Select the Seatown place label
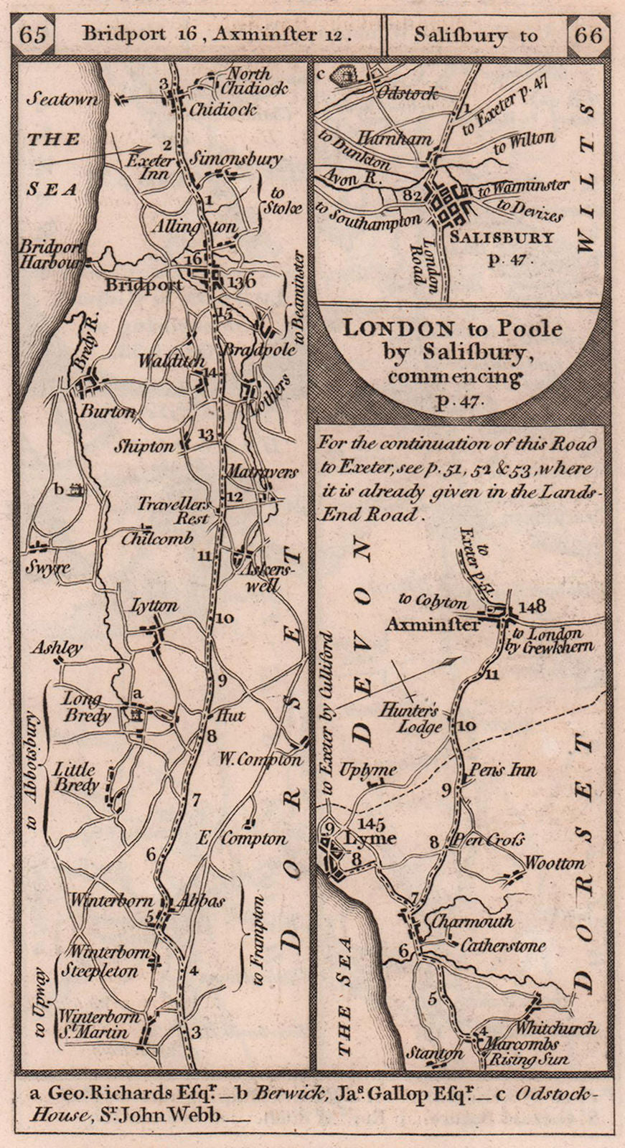click(x=62, y=100)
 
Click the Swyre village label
click(x=49, y=567)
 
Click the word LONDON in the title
click(x=398, y=329)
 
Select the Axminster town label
click(x=432, y=624)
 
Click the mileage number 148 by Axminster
click(x=531, y=607)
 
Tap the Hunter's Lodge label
click(x=420, y=718)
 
